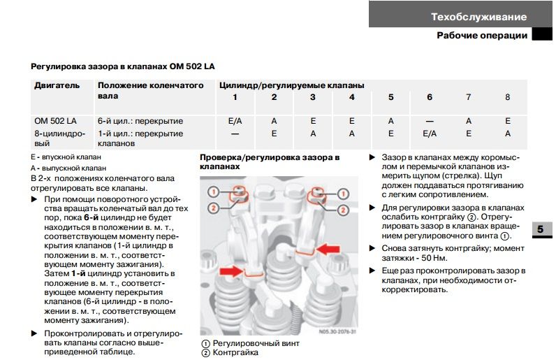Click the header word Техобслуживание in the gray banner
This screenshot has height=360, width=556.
(x=478, y=16)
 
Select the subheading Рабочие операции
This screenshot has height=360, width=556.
(x=482, y=36)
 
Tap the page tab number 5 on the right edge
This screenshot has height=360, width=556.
(x=542, y=230)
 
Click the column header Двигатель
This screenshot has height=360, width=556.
(x=57, y=85)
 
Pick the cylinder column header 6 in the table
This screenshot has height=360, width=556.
(x=430, y=97)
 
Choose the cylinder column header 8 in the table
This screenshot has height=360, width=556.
(x=508, y=97)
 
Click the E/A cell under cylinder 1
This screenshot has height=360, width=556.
(x=235, y=121)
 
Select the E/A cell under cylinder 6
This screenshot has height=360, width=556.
(x=430, y=133)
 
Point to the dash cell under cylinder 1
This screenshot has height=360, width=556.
(x=235, y=133)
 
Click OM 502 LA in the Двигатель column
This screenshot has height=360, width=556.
(x=55, y=121)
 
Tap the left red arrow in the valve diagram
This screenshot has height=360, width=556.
(x=232, y=270)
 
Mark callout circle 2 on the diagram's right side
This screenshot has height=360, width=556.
(x=342, y=210)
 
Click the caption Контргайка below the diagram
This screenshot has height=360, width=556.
(x=235, y=352)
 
